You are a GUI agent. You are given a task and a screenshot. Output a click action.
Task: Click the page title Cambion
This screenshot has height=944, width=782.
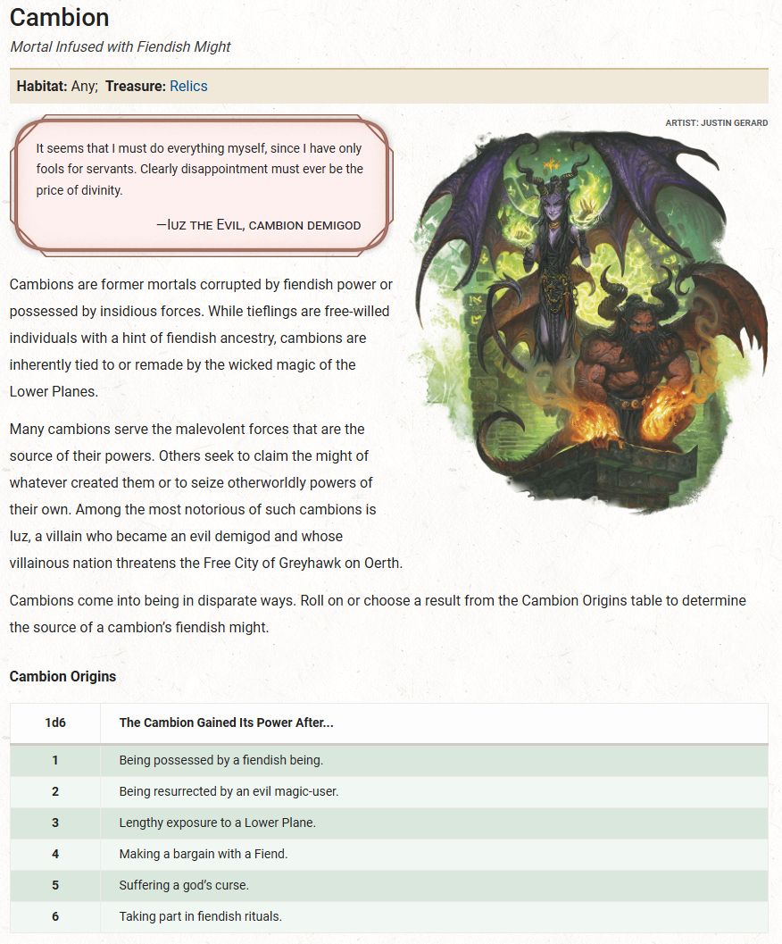tap(59, 18)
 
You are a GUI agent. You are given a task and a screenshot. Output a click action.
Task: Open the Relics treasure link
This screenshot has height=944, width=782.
tap(188, 87)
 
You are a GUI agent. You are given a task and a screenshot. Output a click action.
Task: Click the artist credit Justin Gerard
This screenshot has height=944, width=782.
tap(716, 122)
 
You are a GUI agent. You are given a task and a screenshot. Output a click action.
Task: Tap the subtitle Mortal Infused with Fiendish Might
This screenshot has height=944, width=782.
tap(120, 46)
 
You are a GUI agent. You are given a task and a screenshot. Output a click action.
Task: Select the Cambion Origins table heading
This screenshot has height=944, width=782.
tap(62, 676)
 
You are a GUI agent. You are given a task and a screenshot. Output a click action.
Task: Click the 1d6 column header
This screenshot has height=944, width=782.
tap(55, 723)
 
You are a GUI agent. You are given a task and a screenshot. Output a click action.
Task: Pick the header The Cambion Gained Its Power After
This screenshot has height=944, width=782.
tap(226, 723)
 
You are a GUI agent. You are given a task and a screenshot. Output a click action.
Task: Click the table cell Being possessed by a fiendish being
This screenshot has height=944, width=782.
tap(221, 760)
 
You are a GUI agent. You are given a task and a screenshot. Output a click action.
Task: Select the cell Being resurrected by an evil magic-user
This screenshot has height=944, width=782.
tap(229, 791)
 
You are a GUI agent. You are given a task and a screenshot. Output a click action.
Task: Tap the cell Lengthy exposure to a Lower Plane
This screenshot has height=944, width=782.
tap(217, 823)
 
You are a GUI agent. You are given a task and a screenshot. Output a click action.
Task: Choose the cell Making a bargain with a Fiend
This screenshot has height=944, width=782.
tap(204, 854)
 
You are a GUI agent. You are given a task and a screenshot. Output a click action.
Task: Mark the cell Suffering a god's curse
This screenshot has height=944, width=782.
tap(184, 885)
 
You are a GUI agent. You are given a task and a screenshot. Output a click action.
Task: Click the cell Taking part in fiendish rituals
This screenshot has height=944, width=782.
tap(201, 916)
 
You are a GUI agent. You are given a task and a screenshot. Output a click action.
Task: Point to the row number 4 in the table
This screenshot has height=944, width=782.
tap(55, 854)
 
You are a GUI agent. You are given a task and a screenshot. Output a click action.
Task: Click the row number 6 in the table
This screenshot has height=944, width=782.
tap(55, 916)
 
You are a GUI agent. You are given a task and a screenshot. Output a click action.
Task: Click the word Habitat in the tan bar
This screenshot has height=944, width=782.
tap(42, 87)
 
